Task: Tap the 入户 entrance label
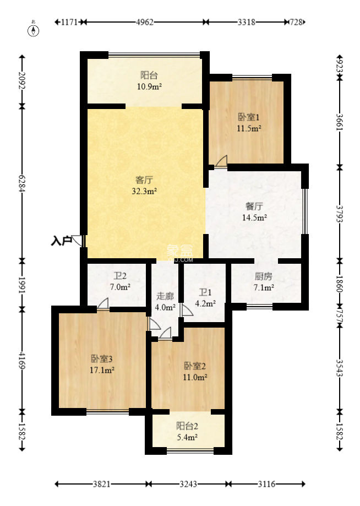tap(61, 241)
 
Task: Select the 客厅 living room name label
tap(144, 179)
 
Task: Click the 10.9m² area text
tap(149, 86)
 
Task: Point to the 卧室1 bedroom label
tap(249, 117)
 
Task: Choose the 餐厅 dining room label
tap(254, 206)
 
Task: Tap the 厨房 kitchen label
tap(264, 276)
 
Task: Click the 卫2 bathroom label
tap(119, 276)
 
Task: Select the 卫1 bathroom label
tap(205, 292)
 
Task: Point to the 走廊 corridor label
tap(165, 296)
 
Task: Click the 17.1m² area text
tap(102, 370)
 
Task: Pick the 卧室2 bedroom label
tap(195, 366)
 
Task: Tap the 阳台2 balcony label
tap(187, 426)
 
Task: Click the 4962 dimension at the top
tap(145, 22)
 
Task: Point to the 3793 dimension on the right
tap(339, 214)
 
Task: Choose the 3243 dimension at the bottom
tap(188, 484)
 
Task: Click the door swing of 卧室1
tap(222, 161)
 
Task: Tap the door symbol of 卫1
tap(187, 310)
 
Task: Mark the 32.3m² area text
tap(144, 191)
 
